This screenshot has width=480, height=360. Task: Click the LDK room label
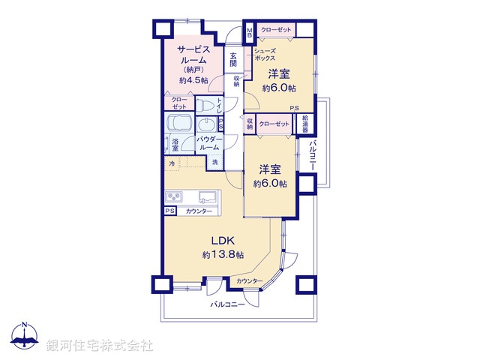tap(223, 240)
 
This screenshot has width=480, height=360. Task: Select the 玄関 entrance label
tap(234, 61)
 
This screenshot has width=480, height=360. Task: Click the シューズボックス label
tap(265, 54)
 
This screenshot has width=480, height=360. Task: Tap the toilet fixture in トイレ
tap(206, 106)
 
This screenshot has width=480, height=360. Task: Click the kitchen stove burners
tap(174, 197)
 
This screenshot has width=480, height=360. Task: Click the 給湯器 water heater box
tap(306, 123)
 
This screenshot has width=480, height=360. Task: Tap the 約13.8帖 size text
tap(223, 255)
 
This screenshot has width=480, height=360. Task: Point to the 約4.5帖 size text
tap(193, 80)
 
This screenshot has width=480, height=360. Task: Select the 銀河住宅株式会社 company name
tap(99, 346)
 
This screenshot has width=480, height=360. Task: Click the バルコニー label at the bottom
tap(228, 304)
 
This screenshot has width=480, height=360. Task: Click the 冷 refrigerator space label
tap(172, 163)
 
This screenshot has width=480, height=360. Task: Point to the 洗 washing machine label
tap(214, 163)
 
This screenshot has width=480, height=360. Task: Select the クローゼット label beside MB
tap(275, 29)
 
